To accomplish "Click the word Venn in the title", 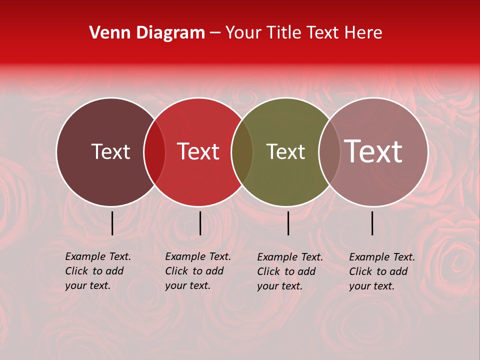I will point(106,33).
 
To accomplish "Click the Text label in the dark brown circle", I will point(110,151).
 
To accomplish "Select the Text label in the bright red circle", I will point(198,151).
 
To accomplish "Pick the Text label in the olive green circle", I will point(285,151).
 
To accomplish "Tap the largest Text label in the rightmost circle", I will point(373,151).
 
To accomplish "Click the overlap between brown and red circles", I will point(154,152).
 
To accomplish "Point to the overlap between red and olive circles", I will point(242,152).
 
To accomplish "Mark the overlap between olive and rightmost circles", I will point(329,152).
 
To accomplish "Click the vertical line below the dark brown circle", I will point(112,223).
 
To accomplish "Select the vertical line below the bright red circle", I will point(200,223).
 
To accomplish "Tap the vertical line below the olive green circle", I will point(288,223).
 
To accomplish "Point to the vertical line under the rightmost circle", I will point(372,223).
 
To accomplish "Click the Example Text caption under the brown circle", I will point(97,271).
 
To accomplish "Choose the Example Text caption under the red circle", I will point(197,271).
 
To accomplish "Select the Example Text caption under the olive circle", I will point(289,271).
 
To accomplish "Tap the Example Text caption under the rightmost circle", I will point(381,271).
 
